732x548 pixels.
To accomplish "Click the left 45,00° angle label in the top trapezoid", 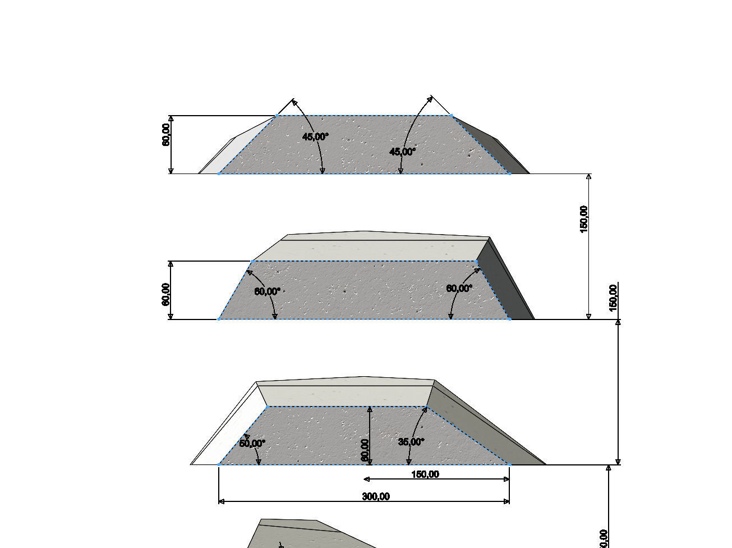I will tap(315, 136).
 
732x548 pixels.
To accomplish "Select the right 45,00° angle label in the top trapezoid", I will tap(403, 152).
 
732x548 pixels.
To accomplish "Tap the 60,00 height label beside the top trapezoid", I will tap(167, 135).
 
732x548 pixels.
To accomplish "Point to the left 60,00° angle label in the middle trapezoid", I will tap(268, 291).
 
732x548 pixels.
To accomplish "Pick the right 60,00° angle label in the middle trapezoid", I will tap(459, 289).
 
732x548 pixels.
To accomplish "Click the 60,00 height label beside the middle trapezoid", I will tap(166, 295).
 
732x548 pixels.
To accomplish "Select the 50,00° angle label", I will tap(252, 443).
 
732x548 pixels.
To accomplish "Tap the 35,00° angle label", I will tap(411, 442).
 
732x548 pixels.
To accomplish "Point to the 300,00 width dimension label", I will tap(376, 496).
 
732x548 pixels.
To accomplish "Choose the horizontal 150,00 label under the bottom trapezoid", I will tap(425, 474).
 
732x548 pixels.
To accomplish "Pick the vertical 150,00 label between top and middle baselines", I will tap(584, 219).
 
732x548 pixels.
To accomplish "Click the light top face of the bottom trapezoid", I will tap(345, 396).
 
